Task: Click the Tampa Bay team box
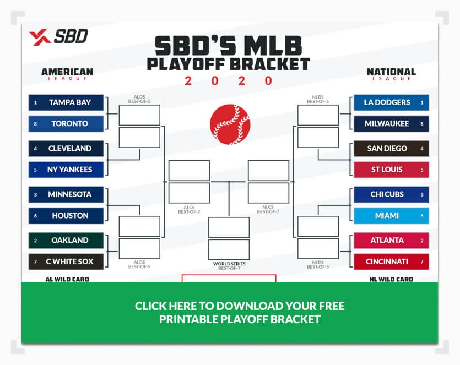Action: tap(67, 102)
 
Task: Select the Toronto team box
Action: tap(67, 124)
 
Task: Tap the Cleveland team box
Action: tap(67, 149)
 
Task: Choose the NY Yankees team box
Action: tap(67, 170)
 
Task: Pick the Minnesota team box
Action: tap(67, 194)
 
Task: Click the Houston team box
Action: tap(67, 216)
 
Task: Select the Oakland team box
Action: tap(67, 241)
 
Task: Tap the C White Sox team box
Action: tap(67, 262)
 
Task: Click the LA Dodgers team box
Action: tap(391, 102)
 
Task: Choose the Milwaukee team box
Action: tap(391, 124)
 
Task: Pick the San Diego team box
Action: tap(391, 149)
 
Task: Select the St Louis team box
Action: tap(391, 170)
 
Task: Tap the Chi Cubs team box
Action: tap(391, 194)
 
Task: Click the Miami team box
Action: tap(391, 216)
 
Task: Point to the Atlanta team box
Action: tap(391, 241)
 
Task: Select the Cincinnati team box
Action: tap(391, 262)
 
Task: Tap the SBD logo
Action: tap(58, 37)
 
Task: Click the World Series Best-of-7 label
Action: tap(229, 266)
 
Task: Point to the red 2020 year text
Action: tap(229, 81)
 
